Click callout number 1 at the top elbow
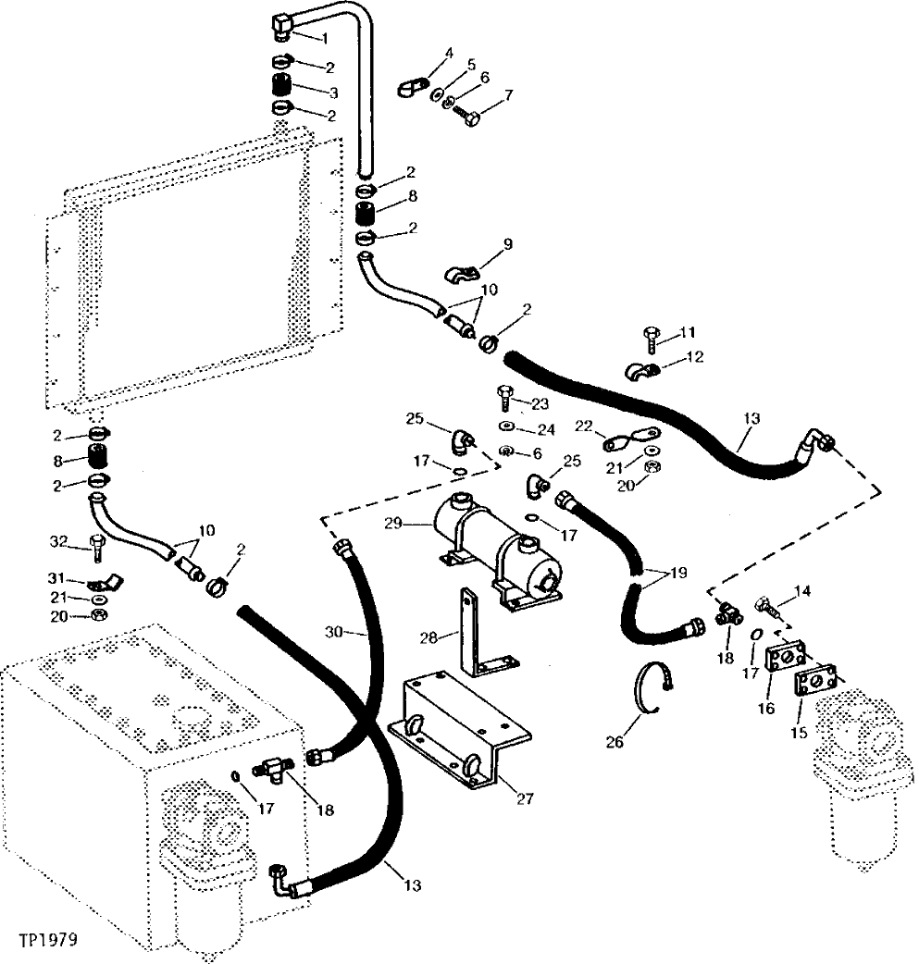pos(324,38)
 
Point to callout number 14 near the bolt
pos(801,588)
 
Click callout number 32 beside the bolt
pos(59,541)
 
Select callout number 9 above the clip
pos(507,243)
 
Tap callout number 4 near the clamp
pos(448,53)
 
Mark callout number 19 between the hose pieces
pos(679,573)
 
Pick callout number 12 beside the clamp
pos(696,356)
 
